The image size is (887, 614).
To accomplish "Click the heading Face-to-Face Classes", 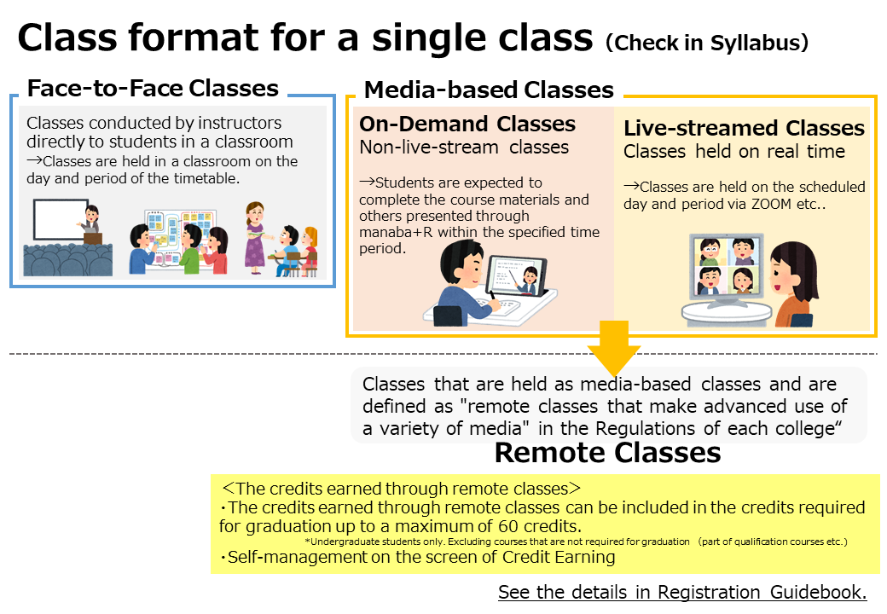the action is [x=153, y=88].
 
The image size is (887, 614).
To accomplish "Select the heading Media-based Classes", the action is [x=489, y=90].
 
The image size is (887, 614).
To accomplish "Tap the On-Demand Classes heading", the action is [x=467, y=124].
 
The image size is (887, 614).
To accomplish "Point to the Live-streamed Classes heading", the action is [x=744, y=128].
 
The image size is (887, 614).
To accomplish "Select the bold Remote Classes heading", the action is [x=607, y=453].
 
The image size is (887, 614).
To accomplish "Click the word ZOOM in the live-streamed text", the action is [x=772, y=204].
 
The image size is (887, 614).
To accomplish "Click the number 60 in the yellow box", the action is [x=508, y=526].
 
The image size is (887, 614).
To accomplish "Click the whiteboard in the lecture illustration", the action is [x=61, y=219].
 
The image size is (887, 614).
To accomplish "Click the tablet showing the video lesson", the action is [x=516, y=276].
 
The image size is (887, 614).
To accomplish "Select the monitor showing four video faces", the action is [x=727, y=268].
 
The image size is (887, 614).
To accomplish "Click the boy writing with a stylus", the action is [x=464, y=284].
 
